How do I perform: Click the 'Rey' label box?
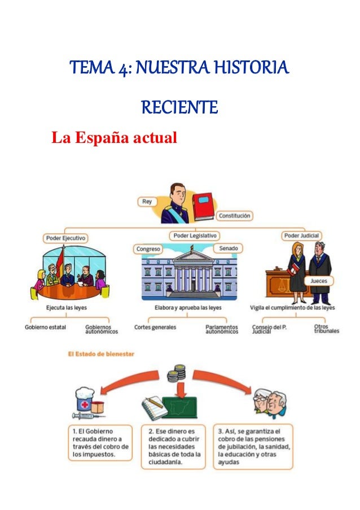coord(147,202)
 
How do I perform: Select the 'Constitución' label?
coord(235,216)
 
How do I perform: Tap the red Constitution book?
coord(203,206)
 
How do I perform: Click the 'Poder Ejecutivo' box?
coord(66,238)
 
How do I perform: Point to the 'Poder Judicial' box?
coord(301,236)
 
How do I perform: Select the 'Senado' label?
coord(228,249)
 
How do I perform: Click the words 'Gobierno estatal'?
coord(45,327)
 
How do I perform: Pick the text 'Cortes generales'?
coord(155,327)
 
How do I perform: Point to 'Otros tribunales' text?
coord(327,329)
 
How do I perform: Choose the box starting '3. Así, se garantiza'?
coord(254,446)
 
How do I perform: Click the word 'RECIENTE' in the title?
coord(179,107)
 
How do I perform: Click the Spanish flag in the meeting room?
coord(59,263)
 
